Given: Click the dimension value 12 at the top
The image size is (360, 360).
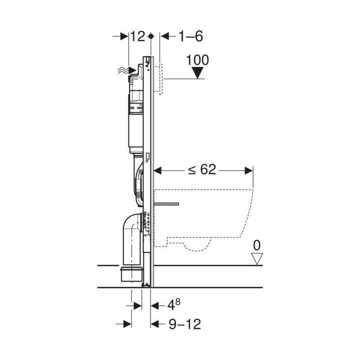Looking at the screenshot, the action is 138,36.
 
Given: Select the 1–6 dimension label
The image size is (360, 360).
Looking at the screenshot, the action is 190,36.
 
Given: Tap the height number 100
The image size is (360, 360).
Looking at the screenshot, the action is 197,60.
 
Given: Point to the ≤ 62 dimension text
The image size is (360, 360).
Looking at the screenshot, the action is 202,170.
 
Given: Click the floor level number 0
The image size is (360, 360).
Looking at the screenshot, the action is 256,245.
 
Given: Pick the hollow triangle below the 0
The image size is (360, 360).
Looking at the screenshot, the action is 257,259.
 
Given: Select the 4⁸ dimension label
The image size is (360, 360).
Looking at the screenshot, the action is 174,305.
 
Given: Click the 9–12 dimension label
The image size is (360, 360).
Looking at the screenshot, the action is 185,324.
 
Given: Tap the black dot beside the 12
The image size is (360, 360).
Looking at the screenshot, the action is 151,36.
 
